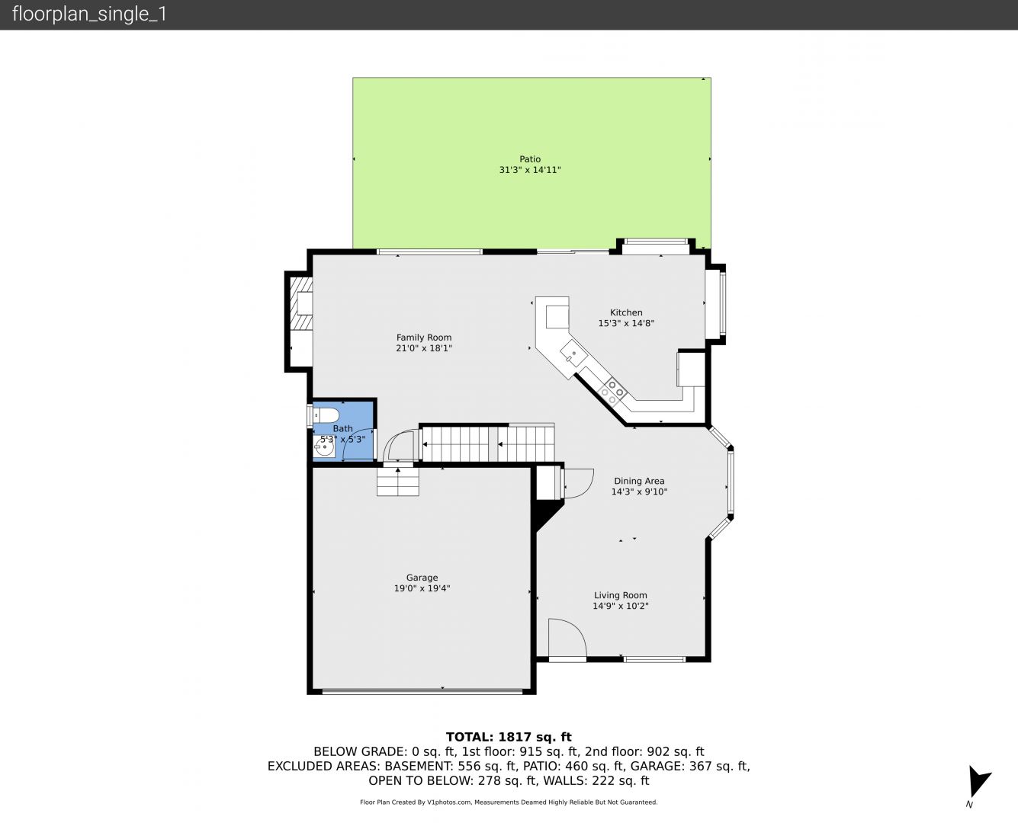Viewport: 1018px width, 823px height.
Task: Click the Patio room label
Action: click(x=530, y=159)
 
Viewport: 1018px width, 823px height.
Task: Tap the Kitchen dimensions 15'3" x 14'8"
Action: click(x=626, y=323)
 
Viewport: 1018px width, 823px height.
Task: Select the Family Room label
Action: click(x=424, y=338)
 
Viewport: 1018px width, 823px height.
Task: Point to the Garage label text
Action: click(x=422, y=578)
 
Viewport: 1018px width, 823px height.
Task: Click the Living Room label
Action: click(x=621, y=595)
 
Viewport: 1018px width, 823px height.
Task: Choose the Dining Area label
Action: click(x=639, y=481)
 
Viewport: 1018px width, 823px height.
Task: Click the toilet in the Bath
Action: click(x=326, y=415)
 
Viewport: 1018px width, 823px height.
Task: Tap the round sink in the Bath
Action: click(x=324, y=449)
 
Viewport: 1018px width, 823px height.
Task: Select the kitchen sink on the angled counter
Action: click(x=574, y=353)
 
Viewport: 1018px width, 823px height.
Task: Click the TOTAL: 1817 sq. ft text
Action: click(x=509, y=737)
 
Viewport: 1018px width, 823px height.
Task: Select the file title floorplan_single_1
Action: click(x=89, y=14)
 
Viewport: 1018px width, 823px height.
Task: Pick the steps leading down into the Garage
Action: click(x=397, y=482)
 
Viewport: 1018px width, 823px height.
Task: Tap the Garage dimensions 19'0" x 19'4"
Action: click(x=422, y=588)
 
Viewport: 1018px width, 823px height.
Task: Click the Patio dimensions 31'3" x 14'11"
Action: click(x=530, y=170)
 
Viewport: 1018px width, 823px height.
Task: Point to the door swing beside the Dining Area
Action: click(x=578, y=483)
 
